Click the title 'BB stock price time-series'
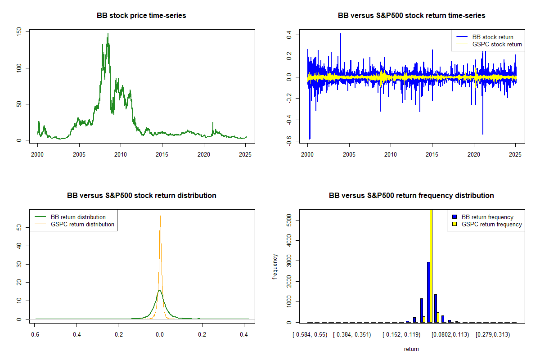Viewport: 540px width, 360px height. coord(141,16)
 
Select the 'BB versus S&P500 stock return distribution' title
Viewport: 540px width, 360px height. coord(141,196)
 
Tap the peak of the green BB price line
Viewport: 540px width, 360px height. coord(108,34)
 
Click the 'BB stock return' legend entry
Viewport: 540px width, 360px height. coord(492,37)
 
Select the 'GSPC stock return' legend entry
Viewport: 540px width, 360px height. coord(497,44)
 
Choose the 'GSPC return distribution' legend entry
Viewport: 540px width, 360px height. coord(82,224)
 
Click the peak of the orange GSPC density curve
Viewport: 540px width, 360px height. coord(160,216)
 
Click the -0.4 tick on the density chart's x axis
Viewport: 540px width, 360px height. coord(76,335)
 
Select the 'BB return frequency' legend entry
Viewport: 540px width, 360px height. coord(487,217)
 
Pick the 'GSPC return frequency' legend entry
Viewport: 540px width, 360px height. coord(492,224)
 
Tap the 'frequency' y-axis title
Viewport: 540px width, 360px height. coord(275,267)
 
